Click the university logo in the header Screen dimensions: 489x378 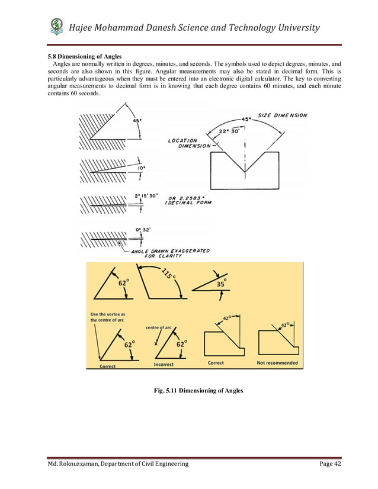57,27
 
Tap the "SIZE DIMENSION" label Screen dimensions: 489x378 283,115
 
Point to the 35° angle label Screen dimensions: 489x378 220,282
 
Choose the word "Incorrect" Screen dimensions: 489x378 164,365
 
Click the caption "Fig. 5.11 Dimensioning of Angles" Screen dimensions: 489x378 198,391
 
